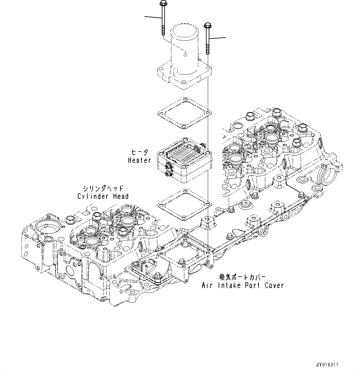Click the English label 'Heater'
pos(140,160)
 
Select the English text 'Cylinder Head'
pos(103,196)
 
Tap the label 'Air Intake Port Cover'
pos(242,285)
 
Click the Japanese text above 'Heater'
pos(140,152)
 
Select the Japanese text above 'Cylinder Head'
pos(103,188)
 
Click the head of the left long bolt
pos(162,3)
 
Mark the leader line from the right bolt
pos(218,38)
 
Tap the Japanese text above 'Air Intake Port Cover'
pos(242,277)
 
